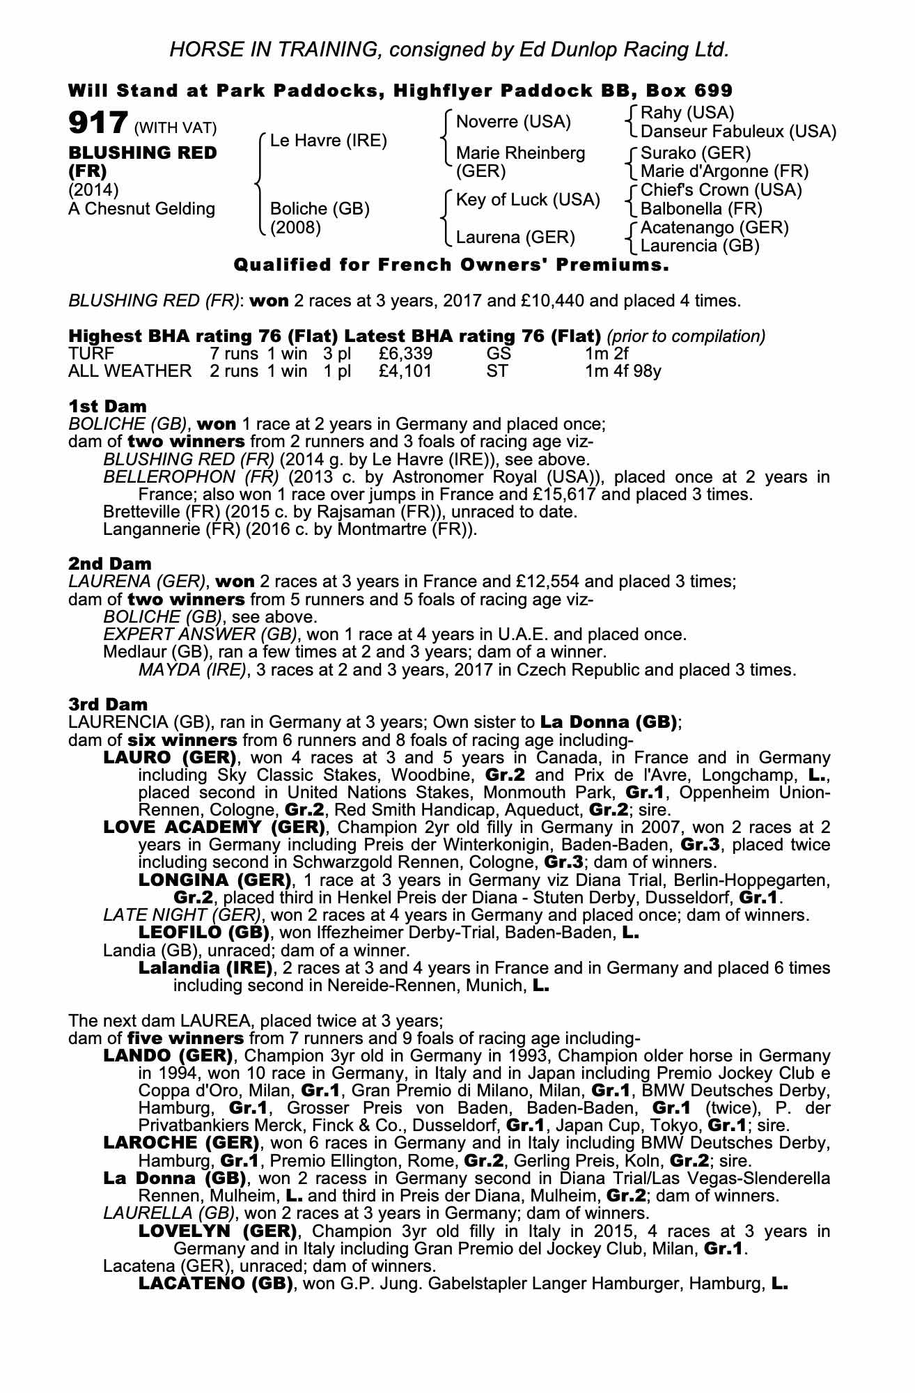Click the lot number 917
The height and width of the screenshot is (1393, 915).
[x=97, y=124]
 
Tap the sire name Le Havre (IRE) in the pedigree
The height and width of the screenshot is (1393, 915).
[x=328, y=141]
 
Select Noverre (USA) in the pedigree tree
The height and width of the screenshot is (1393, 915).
[x=513, y=122]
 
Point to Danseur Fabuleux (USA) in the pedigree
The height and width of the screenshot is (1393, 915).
[x=738, y=132]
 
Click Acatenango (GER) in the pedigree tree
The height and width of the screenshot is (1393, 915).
[x=714, y=228]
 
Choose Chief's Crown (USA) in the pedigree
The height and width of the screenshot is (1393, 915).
[x=721, y=190]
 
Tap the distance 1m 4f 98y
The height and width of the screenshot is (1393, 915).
[x=623, y=371]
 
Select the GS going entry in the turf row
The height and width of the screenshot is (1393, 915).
[x=499, y=353]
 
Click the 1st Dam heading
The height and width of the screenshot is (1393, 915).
[x=107, y=405]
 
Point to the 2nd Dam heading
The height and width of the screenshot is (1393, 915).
[x=109, y=563]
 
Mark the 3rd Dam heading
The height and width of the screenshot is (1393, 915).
[x=108, y=704]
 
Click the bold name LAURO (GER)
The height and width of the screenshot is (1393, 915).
[x=168, y=757]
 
